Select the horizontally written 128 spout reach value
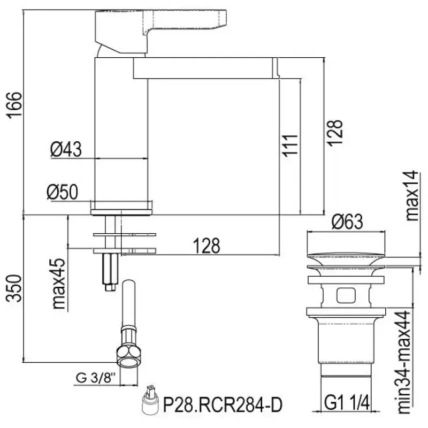(x=207, y=246)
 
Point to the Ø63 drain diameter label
(x=347, y=221)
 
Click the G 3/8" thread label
(x=93, y=378)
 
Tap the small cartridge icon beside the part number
(x=150, y=402)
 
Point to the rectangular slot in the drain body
(x=346, y=295)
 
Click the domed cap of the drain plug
(x=347, y=256)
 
